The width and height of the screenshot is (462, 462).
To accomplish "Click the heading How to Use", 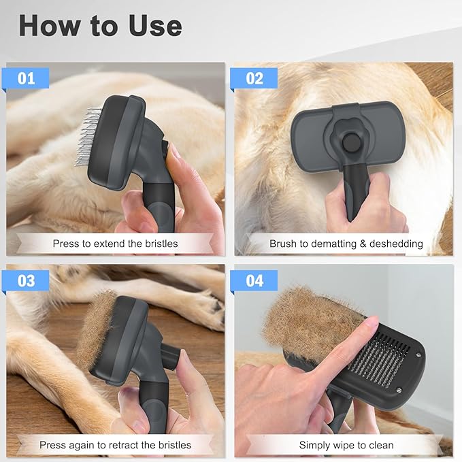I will tap(100, 25).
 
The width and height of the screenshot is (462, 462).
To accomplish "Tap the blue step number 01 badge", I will tap(27, 78).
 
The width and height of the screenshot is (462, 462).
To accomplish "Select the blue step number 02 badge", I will tap(253, 78).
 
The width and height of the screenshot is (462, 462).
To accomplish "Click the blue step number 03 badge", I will tap(27, 280).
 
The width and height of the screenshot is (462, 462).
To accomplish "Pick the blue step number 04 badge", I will tap(254, 280).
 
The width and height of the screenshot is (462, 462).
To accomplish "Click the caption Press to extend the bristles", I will tap(115, 244).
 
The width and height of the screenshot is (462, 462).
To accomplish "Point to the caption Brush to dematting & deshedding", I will tap(346, 244).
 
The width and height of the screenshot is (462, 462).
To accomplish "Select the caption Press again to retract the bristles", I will tap(115, 445).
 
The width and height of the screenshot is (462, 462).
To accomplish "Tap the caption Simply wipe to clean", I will tap(346, 445).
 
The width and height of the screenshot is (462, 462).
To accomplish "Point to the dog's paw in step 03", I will tap(197, 310).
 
